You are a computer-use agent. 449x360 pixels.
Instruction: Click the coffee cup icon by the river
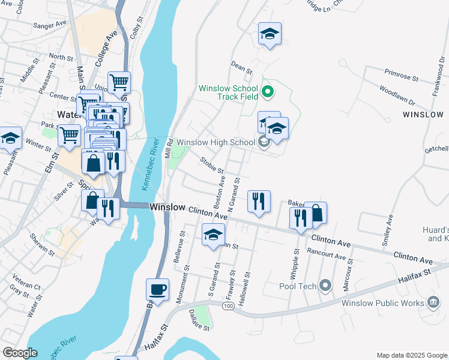[157, 290]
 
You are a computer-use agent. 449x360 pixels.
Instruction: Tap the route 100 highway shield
[228, 307]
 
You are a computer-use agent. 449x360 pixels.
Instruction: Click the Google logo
[19, 353]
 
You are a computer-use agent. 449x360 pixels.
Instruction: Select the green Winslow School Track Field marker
[268, 92]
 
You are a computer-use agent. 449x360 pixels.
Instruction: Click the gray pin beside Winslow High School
[263, 142]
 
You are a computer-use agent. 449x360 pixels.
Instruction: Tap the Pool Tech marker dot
[325, 286]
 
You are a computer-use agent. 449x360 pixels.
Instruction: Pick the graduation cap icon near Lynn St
[213, 235]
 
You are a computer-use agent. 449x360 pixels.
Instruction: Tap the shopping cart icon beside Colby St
[119, 83]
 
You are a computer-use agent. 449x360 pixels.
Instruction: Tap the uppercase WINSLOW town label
[423, 114]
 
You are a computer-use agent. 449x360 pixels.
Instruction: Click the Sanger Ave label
[50, 26]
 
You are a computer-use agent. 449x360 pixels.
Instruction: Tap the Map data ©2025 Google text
[411, 355]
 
